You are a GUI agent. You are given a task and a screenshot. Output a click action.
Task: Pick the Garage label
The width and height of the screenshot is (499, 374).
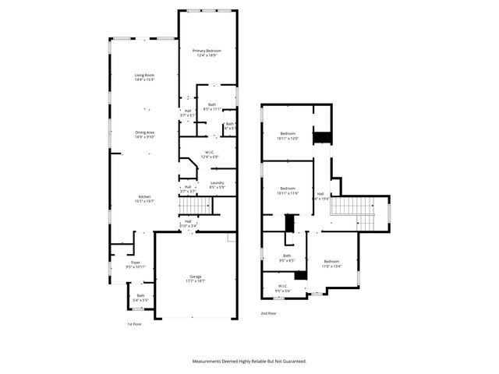pyautogui.click(x=195, y=277)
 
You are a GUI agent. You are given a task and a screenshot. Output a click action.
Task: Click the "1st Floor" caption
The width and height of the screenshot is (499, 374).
pyautogui.click(x=134, y=323)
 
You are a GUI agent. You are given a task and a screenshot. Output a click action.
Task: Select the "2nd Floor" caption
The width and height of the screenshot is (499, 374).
pyautogui.click(x=268, y=314)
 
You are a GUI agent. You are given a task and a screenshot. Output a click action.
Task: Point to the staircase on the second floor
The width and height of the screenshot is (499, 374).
pyautogui.click(x=359, y=213)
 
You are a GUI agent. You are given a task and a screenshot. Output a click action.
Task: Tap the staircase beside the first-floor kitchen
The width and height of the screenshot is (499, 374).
pyautogui.click(x=196, y=206)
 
